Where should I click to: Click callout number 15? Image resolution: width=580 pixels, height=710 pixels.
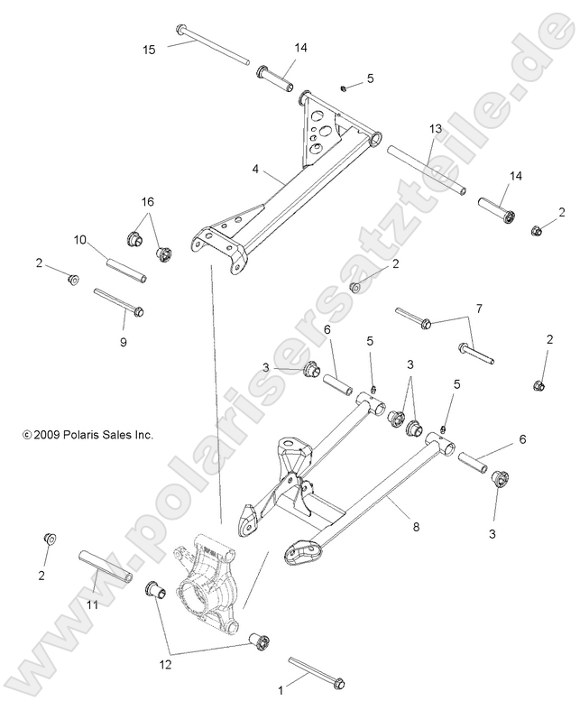coord(149,50)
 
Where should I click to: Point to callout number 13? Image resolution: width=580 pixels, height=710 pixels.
coord(435,130)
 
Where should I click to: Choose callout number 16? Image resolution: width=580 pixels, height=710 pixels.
coord(148,201)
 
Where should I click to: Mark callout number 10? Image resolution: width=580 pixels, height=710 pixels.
coord(79,240)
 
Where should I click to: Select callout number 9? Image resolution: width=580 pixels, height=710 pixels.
coord(124,342)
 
